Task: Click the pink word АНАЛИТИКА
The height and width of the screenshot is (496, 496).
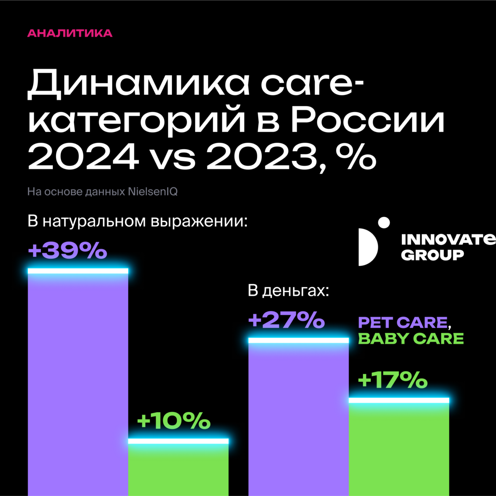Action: coord(70,33)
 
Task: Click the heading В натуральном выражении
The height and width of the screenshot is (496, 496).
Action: coord(137,221)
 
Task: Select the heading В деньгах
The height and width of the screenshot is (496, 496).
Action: coord(288,291)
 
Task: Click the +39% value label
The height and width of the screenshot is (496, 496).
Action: coord(67,251)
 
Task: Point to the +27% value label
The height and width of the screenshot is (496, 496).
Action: coord(286,320)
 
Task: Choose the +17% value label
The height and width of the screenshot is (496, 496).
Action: coord(392,380)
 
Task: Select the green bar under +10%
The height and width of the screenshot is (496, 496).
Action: coord(178,470)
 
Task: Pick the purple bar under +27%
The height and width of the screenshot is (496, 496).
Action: coord(299,417)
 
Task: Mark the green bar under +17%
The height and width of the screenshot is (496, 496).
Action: coord(399,449)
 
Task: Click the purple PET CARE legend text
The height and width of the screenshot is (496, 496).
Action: coord(402,323)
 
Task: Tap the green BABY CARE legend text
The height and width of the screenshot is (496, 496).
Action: coord(410,339)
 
